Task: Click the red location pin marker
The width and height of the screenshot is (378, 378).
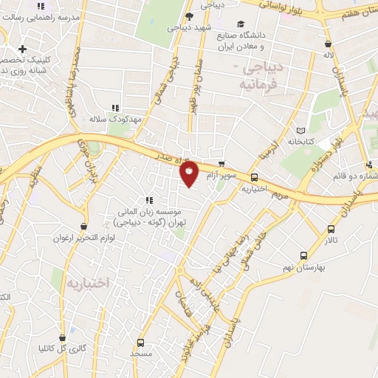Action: [x=190, y=174]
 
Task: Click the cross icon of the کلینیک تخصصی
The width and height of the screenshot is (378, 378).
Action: [x=23, y=49]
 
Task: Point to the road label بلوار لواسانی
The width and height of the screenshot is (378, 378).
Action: [x=289, y=7]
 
